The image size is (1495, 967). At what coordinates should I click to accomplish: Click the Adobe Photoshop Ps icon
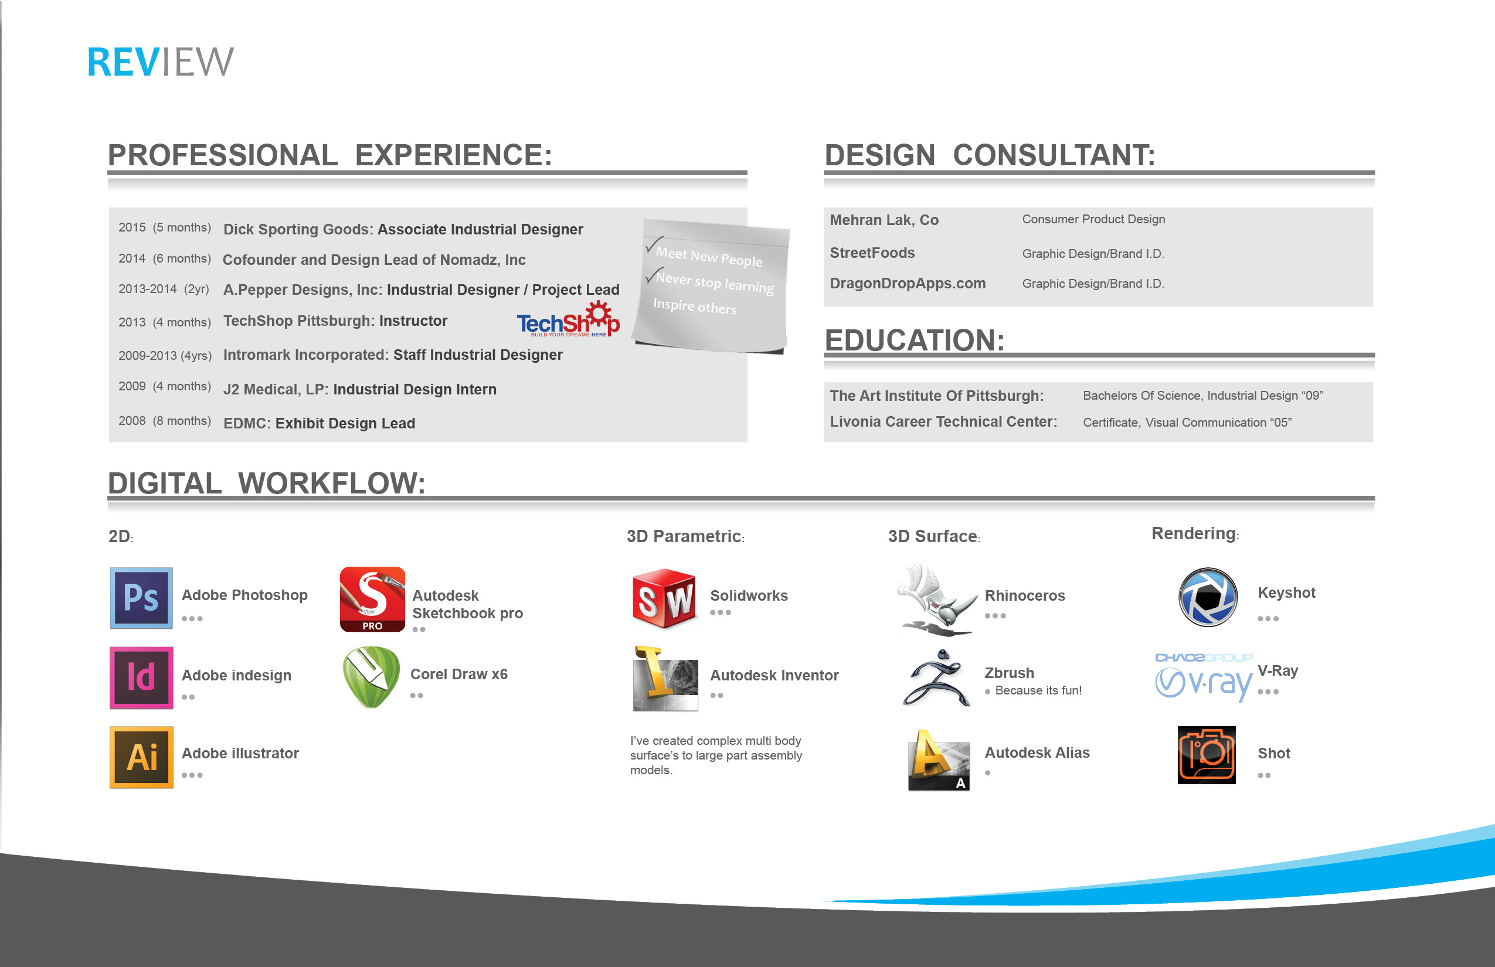point(141,598)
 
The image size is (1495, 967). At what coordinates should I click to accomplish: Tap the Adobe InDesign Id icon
point(141,677)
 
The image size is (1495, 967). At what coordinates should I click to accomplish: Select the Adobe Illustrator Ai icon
point(141,757)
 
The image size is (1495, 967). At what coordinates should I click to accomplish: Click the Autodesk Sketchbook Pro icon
point(372,599)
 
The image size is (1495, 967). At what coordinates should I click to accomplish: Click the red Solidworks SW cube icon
point(664,598)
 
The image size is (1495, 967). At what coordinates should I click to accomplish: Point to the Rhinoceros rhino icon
point(936,600)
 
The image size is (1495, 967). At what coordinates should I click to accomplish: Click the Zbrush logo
point(936,679)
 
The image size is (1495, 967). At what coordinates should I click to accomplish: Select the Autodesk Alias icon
point(939,760)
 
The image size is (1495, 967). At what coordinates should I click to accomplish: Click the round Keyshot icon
point(1207,597)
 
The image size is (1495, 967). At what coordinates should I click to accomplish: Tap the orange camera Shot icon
point(1206,755)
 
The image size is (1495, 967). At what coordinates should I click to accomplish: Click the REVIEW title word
point(160,62)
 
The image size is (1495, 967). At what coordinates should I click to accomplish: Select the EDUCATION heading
point(914,341)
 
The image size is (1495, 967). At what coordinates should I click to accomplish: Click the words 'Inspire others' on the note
point(694,306)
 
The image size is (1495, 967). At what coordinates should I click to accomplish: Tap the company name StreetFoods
point(872,253)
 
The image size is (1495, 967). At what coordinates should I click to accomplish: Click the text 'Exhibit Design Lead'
point(345,423)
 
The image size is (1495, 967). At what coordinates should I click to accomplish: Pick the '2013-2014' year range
point(148,289)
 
